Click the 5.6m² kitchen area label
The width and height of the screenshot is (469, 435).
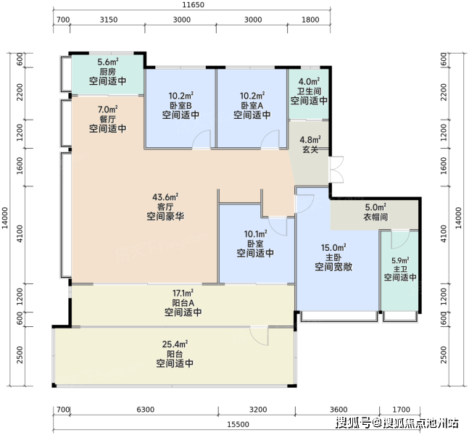pos(108,62)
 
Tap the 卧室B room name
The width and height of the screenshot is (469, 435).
pos(180,106)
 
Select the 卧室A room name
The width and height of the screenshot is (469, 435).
pos(252,106)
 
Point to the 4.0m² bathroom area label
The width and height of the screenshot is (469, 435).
pos(310,81)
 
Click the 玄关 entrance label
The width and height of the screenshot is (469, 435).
pos(310,149)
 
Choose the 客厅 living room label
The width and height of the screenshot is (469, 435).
pos(165,207)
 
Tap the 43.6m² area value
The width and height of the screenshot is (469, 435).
pos(165,197)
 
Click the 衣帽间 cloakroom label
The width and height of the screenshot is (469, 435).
pos(375,217)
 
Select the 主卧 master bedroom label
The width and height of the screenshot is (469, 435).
pos(333,257)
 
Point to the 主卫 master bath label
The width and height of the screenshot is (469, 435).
pos(400,269)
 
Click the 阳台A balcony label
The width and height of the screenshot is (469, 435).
pos(183,303)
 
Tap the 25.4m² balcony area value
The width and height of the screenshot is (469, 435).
pos(175,344)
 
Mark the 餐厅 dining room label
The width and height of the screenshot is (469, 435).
pos(108,119)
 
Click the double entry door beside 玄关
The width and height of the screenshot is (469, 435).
pos(336,170)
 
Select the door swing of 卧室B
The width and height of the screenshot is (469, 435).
pos(202,139)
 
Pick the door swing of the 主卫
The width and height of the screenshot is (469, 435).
pos(401,239)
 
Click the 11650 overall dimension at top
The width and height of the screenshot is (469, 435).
pos(194,5)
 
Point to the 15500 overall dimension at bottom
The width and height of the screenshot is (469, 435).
pos(238,425)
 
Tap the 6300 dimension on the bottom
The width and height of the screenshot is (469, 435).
pos(146,410)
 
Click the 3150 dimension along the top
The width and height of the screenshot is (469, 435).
pos(109,20)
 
